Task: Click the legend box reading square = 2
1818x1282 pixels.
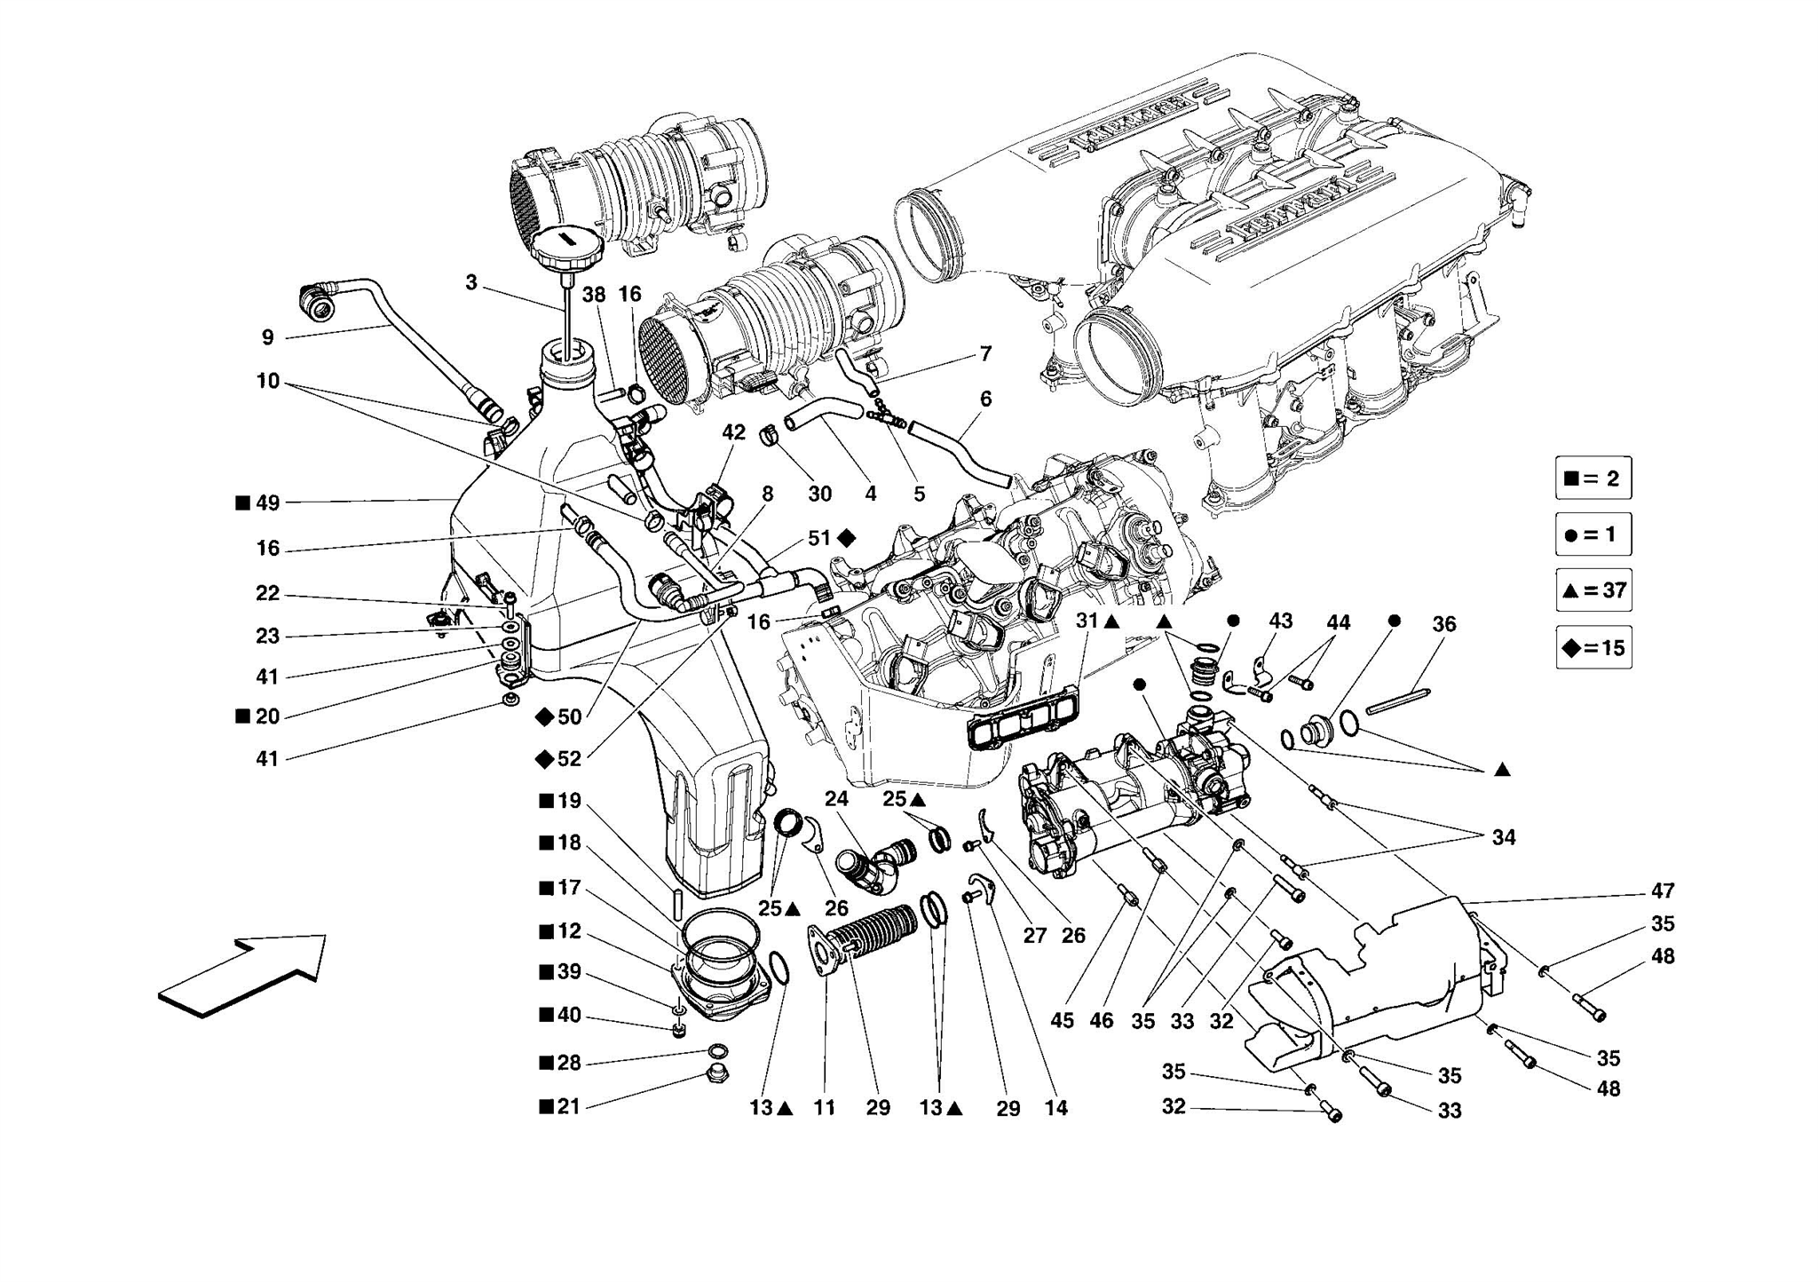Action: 1593,479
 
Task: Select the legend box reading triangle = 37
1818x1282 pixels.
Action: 1593,590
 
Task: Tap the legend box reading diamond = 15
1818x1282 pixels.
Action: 1593,647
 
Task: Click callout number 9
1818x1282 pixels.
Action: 267,337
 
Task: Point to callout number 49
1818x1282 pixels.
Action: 267,503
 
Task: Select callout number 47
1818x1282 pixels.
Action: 1662,890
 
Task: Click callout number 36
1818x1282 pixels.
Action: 1443,624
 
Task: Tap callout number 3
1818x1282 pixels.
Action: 470,282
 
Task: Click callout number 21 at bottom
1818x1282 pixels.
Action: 568,1107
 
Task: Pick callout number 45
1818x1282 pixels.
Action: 1062,1021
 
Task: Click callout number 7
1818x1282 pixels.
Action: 985,353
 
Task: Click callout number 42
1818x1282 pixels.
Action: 733,432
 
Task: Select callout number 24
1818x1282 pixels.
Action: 836,799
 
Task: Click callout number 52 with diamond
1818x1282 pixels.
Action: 568,759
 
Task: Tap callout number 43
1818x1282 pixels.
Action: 1280,621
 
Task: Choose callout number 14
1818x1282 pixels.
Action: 1055,1108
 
